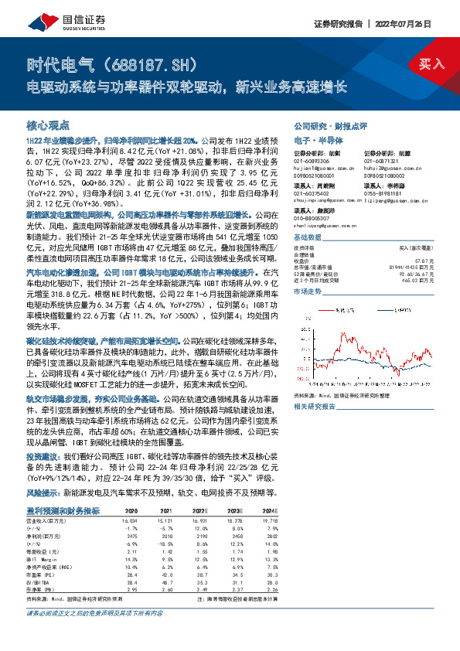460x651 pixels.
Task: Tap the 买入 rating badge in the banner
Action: (x=431, y=65)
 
